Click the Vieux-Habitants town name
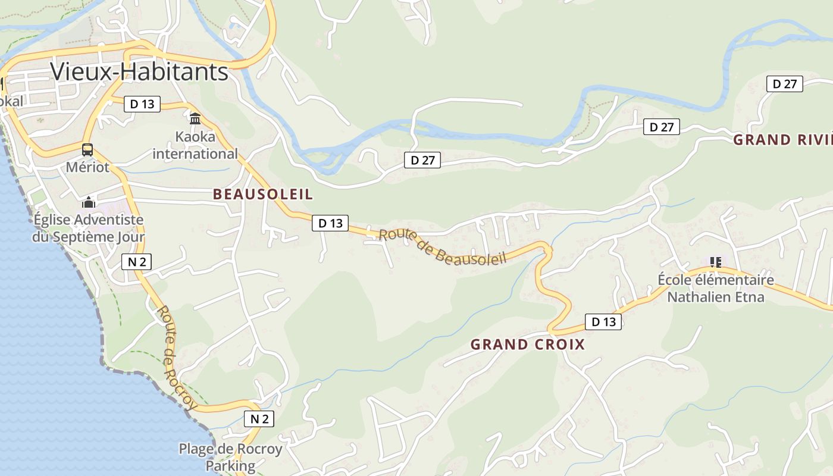139,71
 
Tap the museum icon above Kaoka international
195,118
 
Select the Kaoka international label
195,145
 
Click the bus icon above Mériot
87,149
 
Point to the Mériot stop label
87,167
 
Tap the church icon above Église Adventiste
89,202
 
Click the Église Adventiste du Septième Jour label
89,228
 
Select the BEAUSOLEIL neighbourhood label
262,195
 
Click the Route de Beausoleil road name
442,247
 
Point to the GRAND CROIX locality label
528,345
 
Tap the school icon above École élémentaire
715,262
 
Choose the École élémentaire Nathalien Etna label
715,288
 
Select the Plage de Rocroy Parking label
230,457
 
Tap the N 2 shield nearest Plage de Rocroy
259,419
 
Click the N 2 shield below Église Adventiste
137,261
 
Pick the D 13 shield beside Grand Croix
603,322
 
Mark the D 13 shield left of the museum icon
142,104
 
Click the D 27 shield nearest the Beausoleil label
422,159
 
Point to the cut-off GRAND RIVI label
782,140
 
